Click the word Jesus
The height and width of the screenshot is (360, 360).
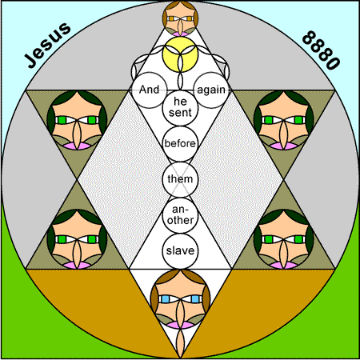(x=48, y=45)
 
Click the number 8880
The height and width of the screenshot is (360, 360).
(x=322, y=50)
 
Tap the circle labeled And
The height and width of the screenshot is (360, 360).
(x=149, y=90)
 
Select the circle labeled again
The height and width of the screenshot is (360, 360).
(x=211, y=90)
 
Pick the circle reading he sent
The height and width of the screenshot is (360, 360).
(x=180, y=107)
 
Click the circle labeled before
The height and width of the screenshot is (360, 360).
(x=180, y=143)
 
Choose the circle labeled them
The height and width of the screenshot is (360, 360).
(x=180, y=179)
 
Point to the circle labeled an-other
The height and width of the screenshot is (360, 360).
(x=180, y=215)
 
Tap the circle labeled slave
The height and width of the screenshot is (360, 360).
(x=180, y=251)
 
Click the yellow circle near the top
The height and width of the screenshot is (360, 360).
(x=180, y=54)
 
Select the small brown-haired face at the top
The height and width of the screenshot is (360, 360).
(x=180, y=18)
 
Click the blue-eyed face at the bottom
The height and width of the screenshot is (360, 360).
(x=180, y=299)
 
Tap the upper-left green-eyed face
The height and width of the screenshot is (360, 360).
(x=77, y=120)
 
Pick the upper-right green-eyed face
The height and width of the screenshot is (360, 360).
(x=284, y=120)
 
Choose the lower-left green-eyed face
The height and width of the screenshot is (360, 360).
(x=77, y=239)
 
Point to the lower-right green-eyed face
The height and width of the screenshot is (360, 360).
(x=284, y=239)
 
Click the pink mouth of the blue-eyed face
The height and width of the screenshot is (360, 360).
(x=180, y=325)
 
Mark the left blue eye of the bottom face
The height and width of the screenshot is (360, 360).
(x=166, y=299)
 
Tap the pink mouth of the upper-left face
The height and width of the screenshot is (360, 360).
(x=77, y=146)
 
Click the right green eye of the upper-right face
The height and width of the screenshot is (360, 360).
(x=298, y=120)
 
